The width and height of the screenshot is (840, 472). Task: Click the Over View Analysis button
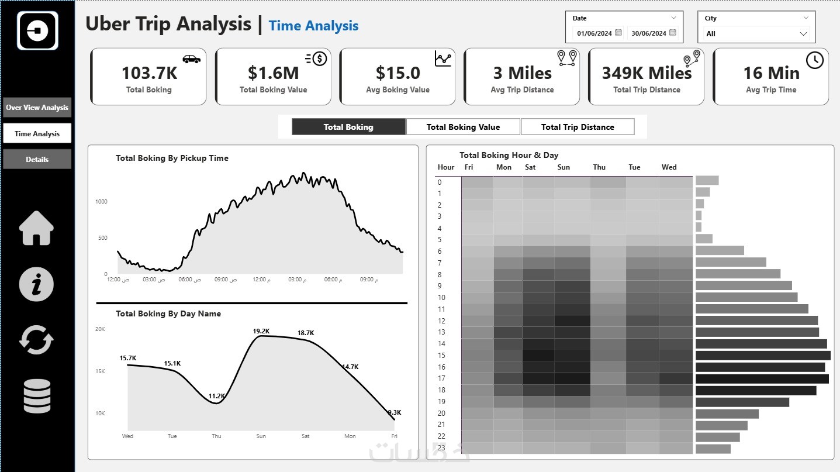37,108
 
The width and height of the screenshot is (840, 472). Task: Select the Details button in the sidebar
37,159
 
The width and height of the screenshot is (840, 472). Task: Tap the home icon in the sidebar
37,228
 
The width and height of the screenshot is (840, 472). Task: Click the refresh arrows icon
36,340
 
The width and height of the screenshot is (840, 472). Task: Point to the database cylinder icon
37,396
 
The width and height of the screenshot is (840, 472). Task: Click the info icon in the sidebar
36,285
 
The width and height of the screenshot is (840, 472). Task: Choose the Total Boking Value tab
463,127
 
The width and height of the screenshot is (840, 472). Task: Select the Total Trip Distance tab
578,127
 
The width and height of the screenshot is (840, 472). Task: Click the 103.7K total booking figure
149,73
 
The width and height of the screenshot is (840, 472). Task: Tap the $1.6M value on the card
273,73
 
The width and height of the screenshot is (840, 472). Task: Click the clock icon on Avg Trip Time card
814,60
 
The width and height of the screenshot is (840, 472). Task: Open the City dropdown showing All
756,34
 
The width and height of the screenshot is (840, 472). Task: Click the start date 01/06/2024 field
594,33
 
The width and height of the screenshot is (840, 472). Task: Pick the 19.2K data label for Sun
261,331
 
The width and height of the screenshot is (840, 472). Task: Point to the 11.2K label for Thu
216,397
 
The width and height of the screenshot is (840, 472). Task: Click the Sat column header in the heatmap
530,167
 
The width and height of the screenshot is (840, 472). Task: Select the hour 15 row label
441,356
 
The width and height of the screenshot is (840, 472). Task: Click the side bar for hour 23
713,449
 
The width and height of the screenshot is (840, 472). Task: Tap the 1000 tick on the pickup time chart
101,202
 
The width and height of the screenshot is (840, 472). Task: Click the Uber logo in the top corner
38,30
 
